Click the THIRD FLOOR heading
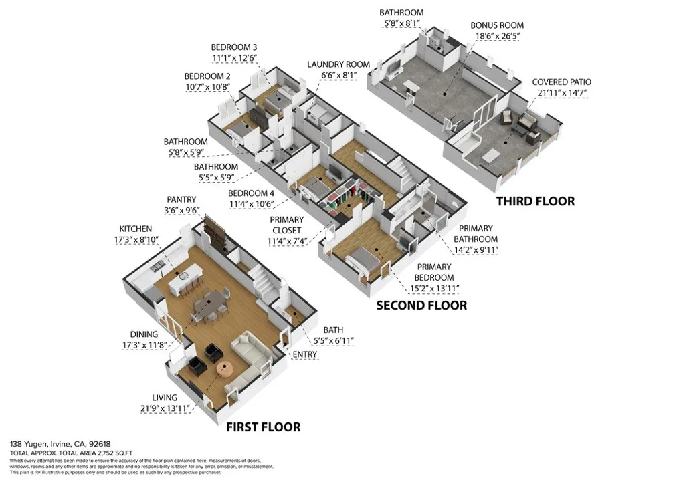coord(534,201)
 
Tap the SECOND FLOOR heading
coord(421,306)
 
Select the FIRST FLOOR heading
coord(262,427)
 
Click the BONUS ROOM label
coord(496,25)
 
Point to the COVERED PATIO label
coord(561,82)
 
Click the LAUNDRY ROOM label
coord(338,64)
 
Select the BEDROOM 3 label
coord(233,47)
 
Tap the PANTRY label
coord(181,199)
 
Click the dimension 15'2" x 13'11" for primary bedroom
coord(434,288)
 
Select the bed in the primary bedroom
coord(362,259)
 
